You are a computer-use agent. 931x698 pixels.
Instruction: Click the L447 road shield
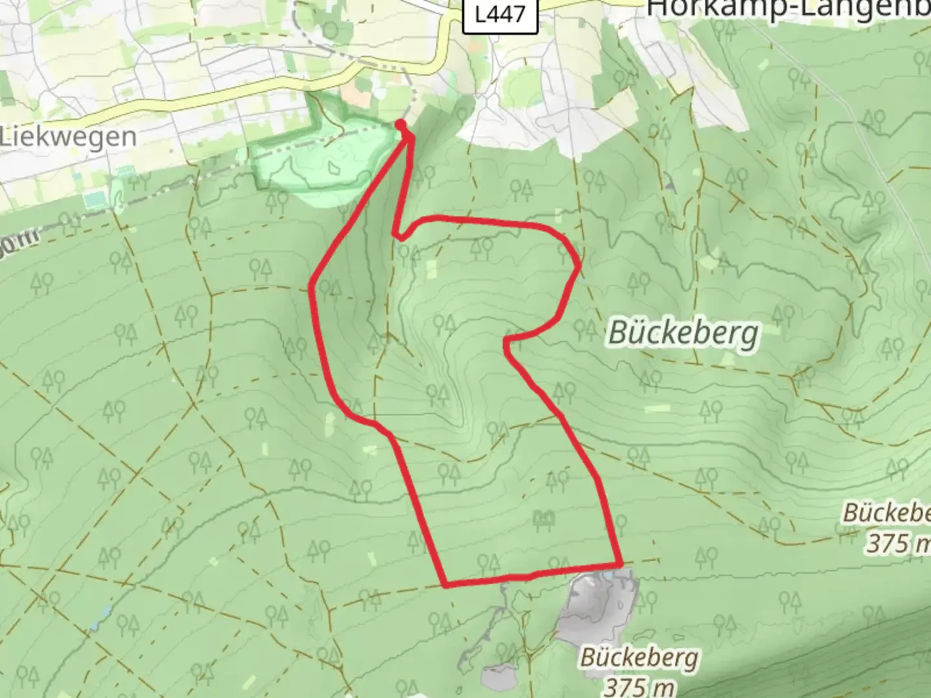point(500,14)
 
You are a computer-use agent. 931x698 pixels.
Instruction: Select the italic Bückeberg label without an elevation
point(683,333)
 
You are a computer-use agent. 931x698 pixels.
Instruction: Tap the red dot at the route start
point(401,124)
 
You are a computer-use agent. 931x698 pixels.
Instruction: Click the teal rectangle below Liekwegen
point(95,201)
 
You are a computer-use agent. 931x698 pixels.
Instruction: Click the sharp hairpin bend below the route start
point(400,237)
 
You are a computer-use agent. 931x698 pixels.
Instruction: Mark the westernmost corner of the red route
point(312,284)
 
